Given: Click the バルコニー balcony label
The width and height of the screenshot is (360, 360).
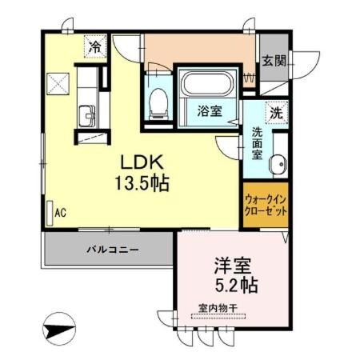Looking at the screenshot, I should coord(113,250).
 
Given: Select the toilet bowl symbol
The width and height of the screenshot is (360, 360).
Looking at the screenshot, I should coord(158,100).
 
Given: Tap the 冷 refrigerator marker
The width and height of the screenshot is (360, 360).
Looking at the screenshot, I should coord(95,47).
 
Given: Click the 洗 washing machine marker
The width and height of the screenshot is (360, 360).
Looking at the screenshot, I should coord(276,113).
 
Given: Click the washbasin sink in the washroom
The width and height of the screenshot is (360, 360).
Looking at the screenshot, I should coord(278,166).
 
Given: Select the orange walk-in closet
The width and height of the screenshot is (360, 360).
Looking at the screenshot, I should coord(264,206).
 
